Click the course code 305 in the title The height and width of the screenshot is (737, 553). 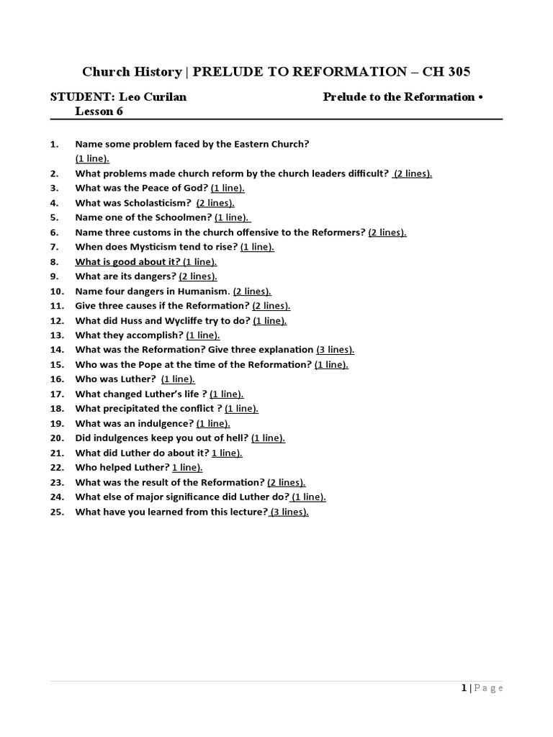click(x=458, y=71)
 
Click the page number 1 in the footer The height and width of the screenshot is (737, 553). click(x=464, y=688)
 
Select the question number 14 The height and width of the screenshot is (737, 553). click(x=58, y=350)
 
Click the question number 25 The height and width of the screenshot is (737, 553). click(x=58, y=512)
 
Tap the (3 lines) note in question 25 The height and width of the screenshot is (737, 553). click(x=289, y=512)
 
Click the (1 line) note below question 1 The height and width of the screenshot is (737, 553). click(x=92, y=158)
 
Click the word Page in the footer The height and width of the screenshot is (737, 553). click(x=489, y=688)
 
